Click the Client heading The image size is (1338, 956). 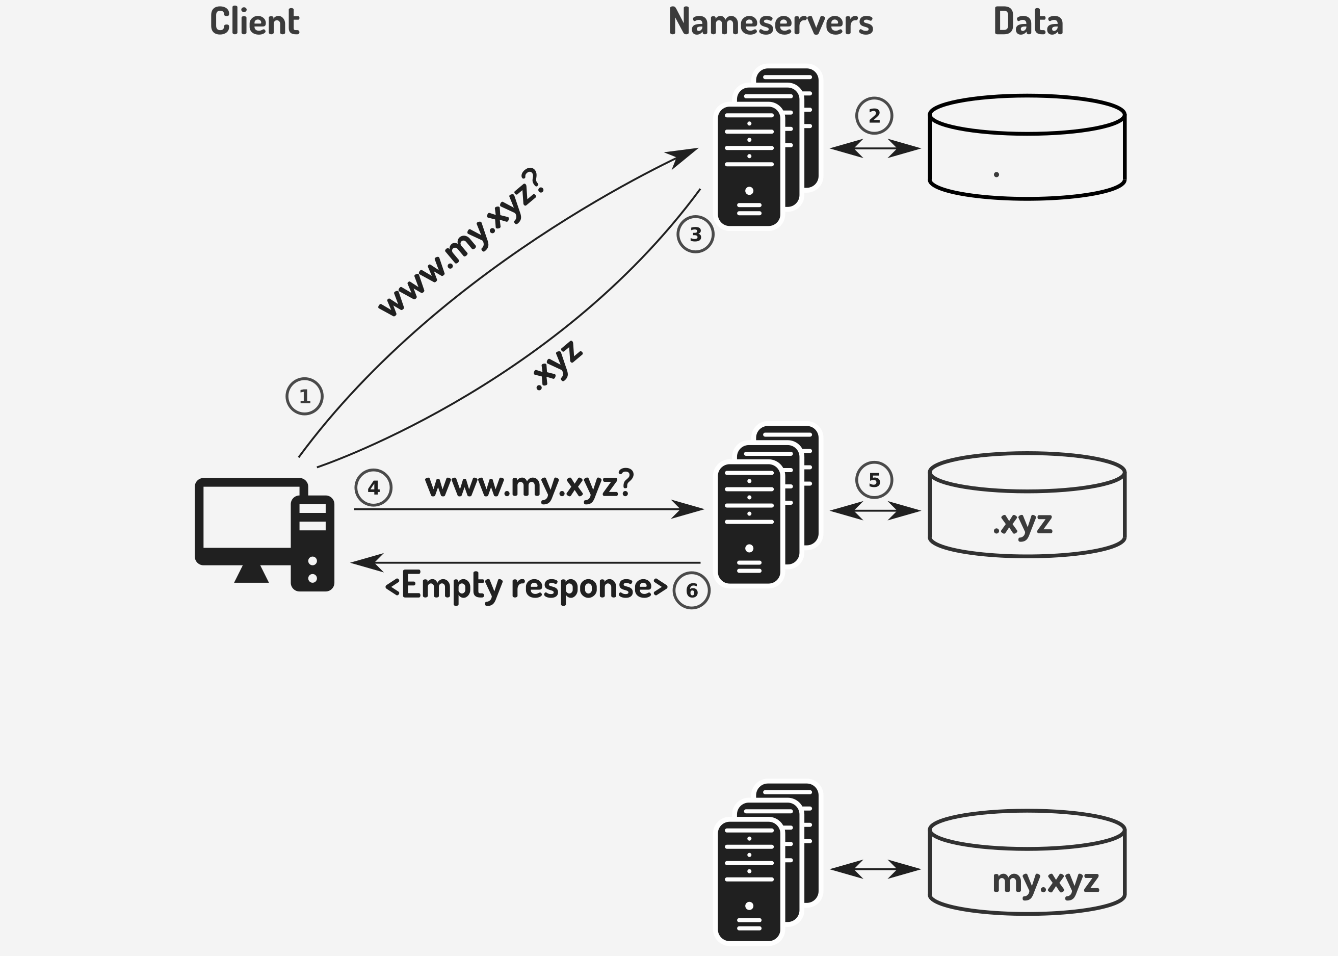(x=255, y=22)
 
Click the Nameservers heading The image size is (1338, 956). (x=771, y=22)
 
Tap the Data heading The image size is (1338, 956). (x=1028, y=22)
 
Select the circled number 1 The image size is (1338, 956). (x=304, y=396)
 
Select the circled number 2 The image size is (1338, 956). (x=874, y=115)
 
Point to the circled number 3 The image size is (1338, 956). (x=695, y=235)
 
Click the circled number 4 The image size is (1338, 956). (x=373, y=487)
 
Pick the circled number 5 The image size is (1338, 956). (x=874, y=480)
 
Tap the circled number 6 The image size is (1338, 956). (x=691, y=590)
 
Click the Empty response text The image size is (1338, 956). (x=526, y=586)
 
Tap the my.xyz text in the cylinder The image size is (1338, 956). (x=1045, y=881)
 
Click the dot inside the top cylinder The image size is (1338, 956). (x=996, y=174)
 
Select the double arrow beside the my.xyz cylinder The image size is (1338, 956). (x=875, y=868)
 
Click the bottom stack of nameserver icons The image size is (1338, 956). (x=765, y=862)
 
